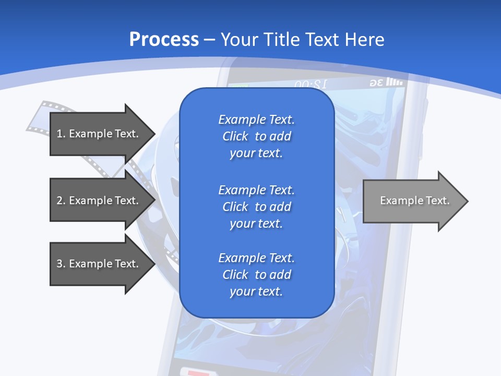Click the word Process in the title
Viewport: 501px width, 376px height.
click(x=164, y=40)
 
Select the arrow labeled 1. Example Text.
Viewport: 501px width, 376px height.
click(x=99, y=134)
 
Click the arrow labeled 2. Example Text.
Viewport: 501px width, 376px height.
click(x=99, y=201)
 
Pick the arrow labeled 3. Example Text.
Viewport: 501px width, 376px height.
click(x=99, y=264)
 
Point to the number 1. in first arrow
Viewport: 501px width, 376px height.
click(x=61, y=134)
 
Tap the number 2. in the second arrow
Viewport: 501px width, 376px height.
click(x=61, y=201)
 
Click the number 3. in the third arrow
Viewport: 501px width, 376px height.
click(x=61, y=264)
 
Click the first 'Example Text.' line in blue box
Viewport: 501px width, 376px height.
click(x=256, y=120)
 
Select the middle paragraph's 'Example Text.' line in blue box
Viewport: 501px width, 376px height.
click(x=256, y=190)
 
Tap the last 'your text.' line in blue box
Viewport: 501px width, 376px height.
click(x=256, y=291)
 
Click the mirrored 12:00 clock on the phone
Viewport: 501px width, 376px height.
click(x=311, y=84)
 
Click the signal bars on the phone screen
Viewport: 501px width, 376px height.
click(x=395, y=82)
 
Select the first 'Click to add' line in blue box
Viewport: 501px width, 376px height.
click(x=256, y=136)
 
